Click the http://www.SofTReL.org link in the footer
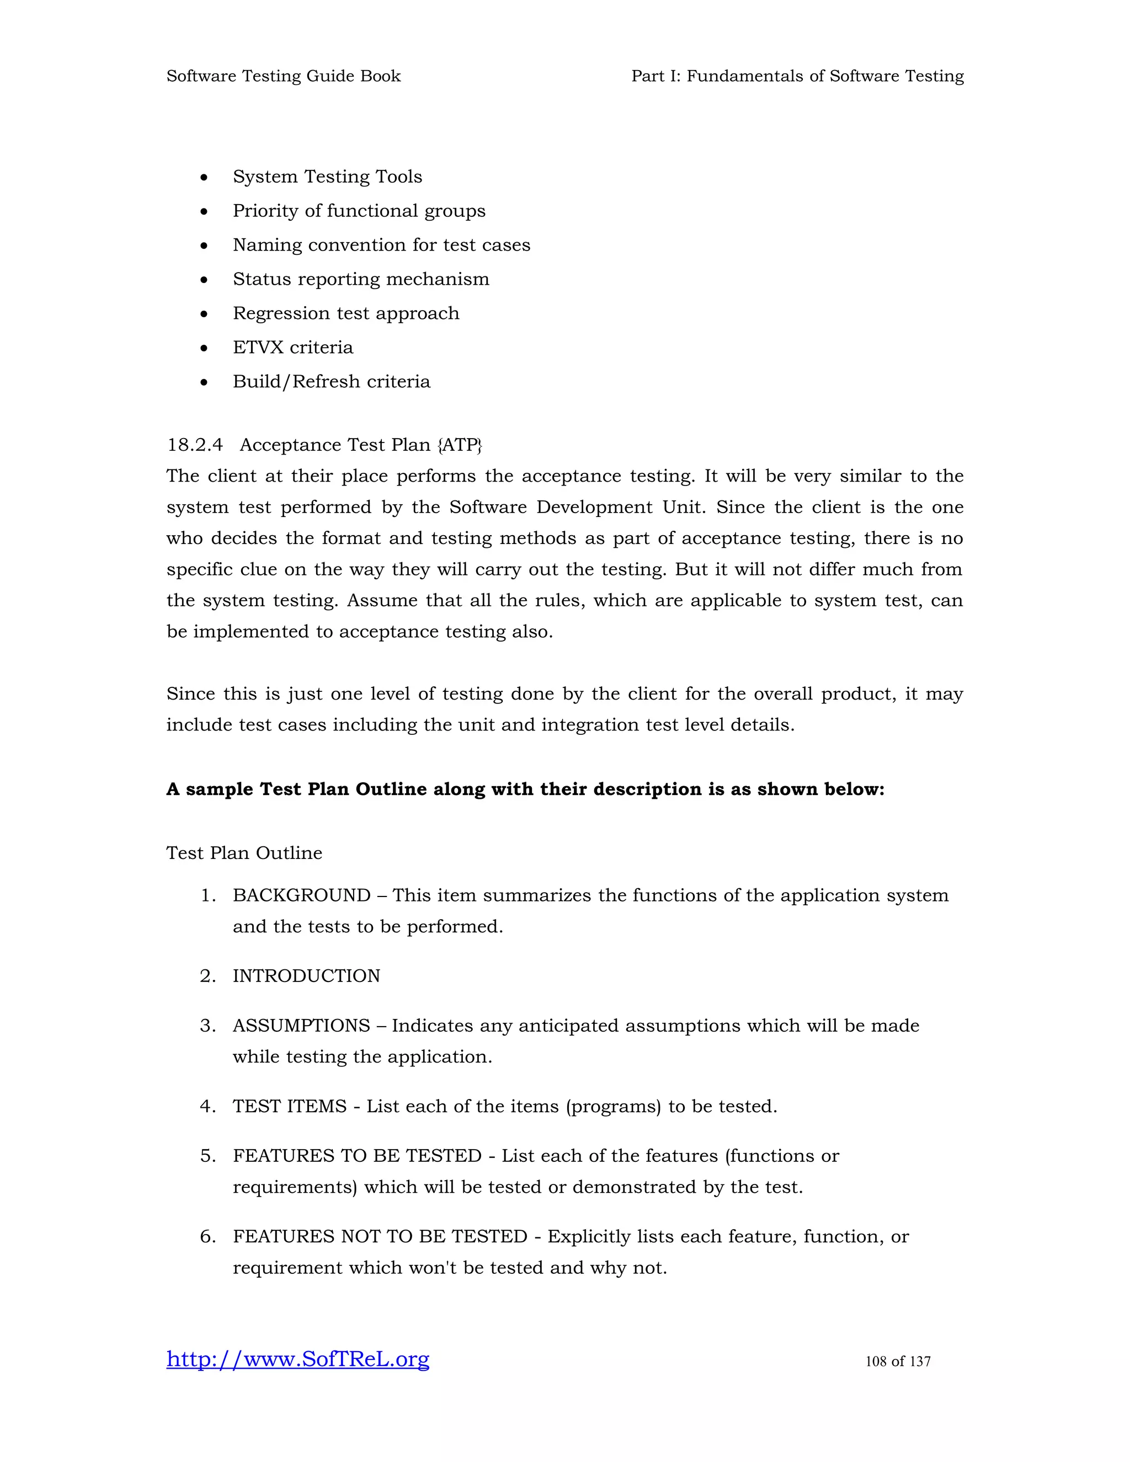tap(298, 1359)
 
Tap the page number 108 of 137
tap(898, 1361)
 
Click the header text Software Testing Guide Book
tap(283, 76)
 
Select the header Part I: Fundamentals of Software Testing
tap(797, 76)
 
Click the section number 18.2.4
tap(194, 445)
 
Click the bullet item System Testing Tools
tap(327, 176)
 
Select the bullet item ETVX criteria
tap(292, 347)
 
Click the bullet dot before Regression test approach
tap(204, 313)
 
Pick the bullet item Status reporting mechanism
tap(361, 279)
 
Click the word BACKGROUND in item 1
tap(301, 895)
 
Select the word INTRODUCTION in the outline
tap(306, 975)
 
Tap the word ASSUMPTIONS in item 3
tap(301, 1025)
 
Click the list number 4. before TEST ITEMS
tap(207, 1106)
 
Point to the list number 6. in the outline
tap(207, 1236)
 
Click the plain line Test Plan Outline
tap(244, 852)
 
